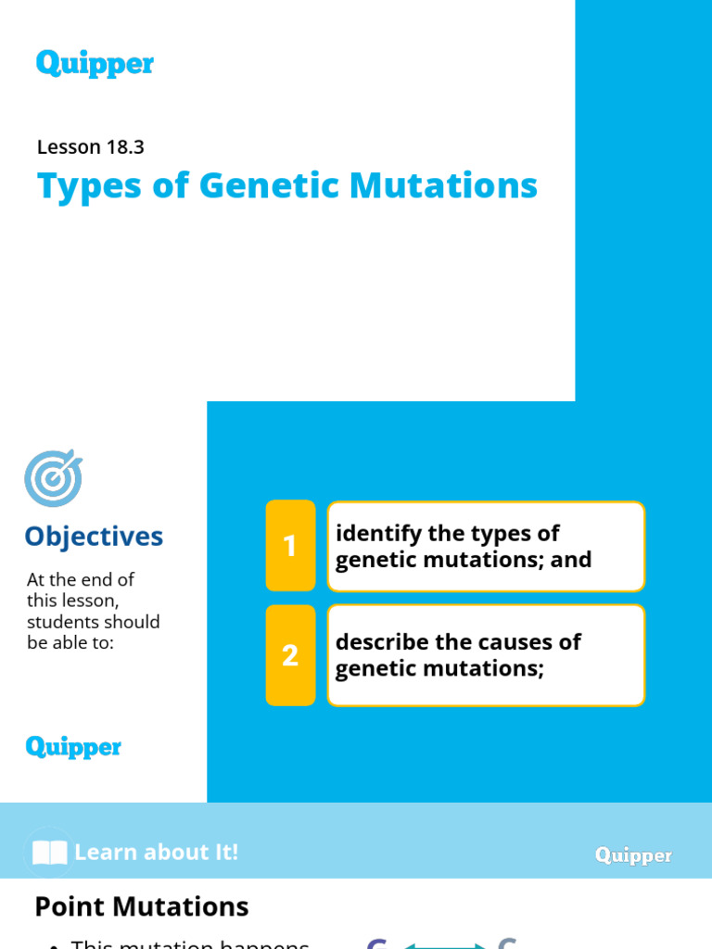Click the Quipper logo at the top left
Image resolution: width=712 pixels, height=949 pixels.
tap(95, 64)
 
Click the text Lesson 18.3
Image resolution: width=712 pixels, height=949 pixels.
tap(90, 146)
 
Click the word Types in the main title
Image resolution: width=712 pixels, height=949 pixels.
tap(84, 185)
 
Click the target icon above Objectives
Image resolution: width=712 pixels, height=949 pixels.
tap(53, 478)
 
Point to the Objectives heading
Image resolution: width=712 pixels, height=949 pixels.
tap(94, 537)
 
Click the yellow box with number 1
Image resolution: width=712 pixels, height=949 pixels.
tap(290, 546)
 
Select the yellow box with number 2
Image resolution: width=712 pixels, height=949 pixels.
tap(290, 655)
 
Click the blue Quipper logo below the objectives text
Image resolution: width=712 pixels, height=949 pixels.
tap(73, 747)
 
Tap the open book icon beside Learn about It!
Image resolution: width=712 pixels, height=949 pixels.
tap(49, 853)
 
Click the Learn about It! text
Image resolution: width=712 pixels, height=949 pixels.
tap(156, 853)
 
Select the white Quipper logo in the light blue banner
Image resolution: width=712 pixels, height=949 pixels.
tap(633, 855)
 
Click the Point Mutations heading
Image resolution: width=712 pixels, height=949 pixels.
tap(142, 906)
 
